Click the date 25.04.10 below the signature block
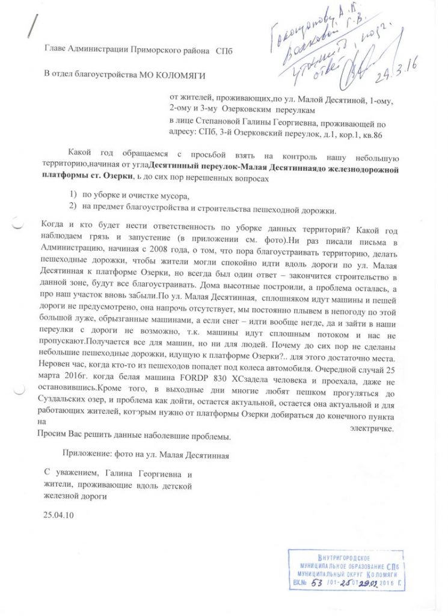click(57, 516)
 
